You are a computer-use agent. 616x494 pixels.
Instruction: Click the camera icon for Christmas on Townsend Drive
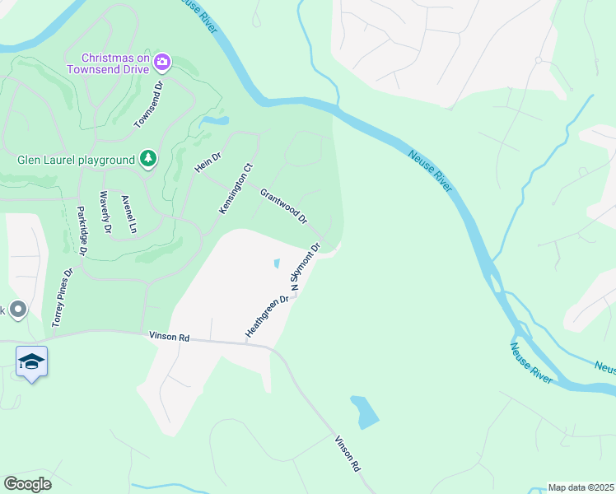tap(163, 62)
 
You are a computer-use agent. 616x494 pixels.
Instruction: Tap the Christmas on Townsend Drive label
tap(116, 63)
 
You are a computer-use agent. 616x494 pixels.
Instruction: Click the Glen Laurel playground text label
tap(76, 160)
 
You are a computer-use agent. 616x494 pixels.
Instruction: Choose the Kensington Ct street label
tap(234, 189)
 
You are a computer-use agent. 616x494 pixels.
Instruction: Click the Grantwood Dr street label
tap(283, 207)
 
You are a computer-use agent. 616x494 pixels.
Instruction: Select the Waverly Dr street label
tap(105, 212)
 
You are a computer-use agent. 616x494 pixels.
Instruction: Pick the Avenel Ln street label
tap(127, 213)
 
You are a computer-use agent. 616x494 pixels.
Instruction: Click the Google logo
tap(28, 484)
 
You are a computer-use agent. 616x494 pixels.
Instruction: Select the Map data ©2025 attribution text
tap(581, 487)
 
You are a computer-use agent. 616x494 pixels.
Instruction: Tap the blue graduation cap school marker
tap(31, 362)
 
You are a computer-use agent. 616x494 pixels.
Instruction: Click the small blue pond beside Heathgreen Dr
tap(276, 263)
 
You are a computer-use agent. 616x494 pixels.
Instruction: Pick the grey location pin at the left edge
tap(17, 310)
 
